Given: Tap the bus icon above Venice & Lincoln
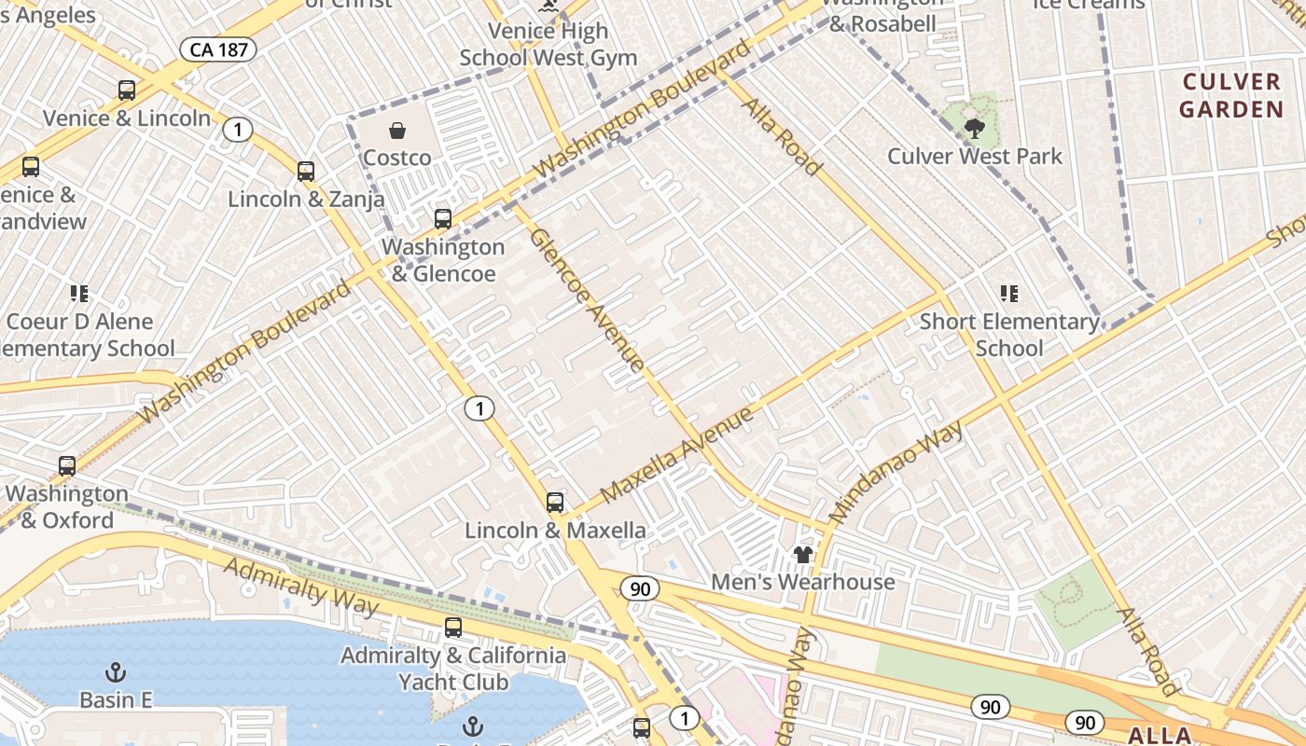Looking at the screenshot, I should point(127,90).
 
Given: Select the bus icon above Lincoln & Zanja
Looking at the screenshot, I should point(306,172).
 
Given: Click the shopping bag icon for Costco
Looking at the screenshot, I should point(397,131).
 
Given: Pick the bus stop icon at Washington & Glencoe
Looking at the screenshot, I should point(443,219).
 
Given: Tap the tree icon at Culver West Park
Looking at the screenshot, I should point(975,129).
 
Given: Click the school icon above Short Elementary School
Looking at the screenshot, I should point(1008,294).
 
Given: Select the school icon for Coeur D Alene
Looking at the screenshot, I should point(79,295).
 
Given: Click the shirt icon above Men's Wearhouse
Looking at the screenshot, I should point(803,555).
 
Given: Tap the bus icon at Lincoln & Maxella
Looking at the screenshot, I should point(555,503).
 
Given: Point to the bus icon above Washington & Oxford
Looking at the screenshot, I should point(67,466).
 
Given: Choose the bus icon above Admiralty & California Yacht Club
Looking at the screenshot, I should point(453,628).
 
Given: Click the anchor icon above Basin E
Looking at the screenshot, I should point(116,672).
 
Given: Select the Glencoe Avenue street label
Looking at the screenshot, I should point(587,299).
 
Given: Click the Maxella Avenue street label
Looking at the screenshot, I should point(676,454).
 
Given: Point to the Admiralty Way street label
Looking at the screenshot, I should point(301,587).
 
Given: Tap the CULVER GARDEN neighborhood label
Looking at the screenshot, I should point(1231,96).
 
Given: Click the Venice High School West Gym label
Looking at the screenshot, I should point(549,44).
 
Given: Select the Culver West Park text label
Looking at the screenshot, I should point(975,157).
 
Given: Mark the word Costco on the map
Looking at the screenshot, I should point(397,158).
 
